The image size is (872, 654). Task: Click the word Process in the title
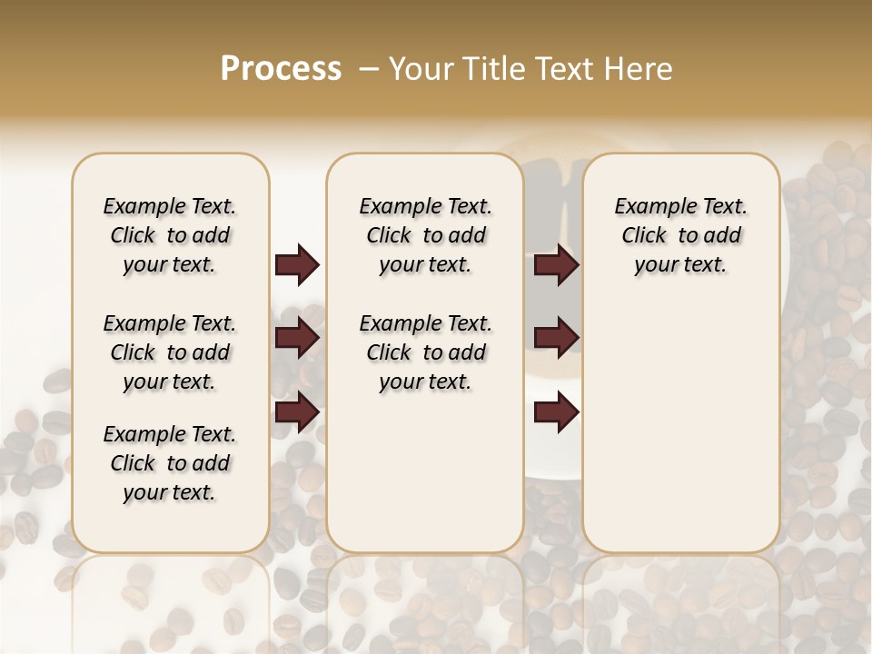[x=281, y=68]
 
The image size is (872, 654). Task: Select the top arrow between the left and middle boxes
[x=297, y=264]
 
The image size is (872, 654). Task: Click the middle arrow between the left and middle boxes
[x=297, y=338]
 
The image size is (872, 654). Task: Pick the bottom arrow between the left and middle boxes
[x=297, y=411]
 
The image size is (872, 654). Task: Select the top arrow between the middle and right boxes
[x=556, y=264]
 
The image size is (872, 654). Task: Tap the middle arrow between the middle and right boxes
[x=556, y=338]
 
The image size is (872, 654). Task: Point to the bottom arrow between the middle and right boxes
[x=556, y=411]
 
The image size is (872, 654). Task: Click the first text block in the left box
[x=170, y=235]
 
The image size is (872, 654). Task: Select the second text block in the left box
[x=170, y=352]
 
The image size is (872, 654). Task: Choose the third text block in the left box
[x=170, y=463]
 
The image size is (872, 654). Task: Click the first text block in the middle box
[x=425, y=235]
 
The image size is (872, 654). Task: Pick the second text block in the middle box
[x=425, y=352]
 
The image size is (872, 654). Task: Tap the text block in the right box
[x=681, y=235]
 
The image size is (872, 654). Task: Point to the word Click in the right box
[x=644, y=236]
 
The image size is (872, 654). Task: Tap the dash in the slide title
[x=369, y=68]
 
